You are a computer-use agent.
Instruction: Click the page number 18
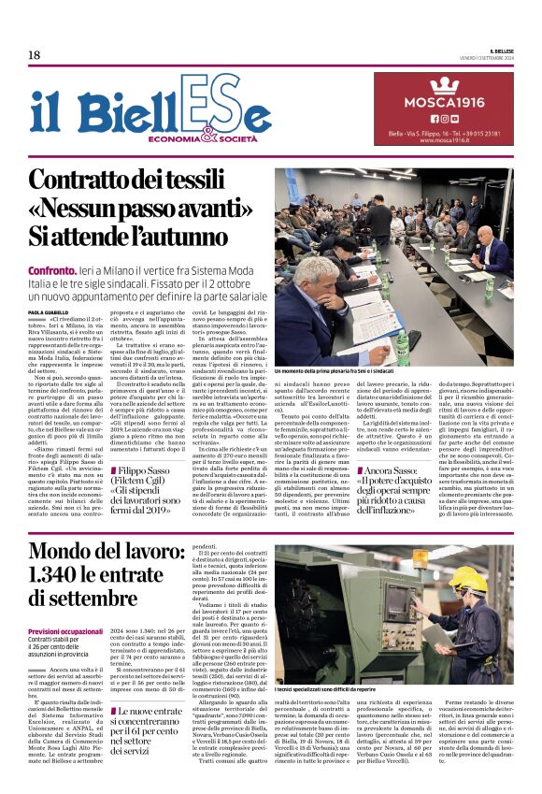pos(35,55)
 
